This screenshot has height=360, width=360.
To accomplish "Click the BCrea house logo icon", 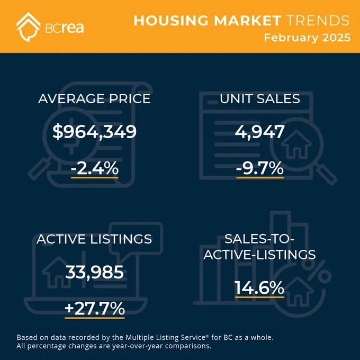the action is [28, 27].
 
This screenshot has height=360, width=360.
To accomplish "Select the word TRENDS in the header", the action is [318, 21].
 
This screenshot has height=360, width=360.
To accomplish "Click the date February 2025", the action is [307, 38].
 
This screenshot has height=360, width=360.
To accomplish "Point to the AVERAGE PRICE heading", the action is [94, 98].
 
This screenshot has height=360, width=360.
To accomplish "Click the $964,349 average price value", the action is [94, 132].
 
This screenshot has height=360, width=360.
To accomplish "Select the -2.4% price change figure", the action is [95, 168].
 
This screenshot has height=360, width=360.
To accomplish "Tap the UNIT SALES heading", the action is [260, 98].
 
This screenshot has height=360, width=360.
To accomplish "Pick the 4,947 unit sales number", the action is [259, 132].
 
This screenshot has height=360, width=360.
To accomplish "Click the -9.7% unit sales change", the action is [260, 168].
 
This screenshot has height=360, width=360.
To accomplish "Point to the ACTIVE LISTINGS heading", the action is [94, 239].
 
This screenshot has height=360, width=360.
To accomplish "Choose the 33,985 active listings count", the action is [95, 272].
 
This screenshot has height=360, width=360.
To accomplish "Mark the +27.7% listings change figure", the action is [95, 309].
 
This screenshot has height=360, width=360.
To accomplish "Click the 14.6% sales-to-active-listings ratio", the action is [259, 288].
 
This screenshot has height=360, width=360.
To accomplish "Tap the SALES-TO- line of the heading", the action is [259, 239].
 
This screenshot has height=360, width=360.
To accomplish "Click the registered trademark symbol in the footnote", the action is [208, 336].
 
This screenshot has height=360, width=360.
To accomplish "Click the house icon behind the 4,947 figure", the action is [296, 144].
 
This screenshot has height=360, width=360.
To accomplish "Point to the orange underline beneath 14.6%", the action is [259, 298].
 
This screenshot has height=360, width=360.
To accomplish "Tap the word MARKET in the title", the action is [248, 21].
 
